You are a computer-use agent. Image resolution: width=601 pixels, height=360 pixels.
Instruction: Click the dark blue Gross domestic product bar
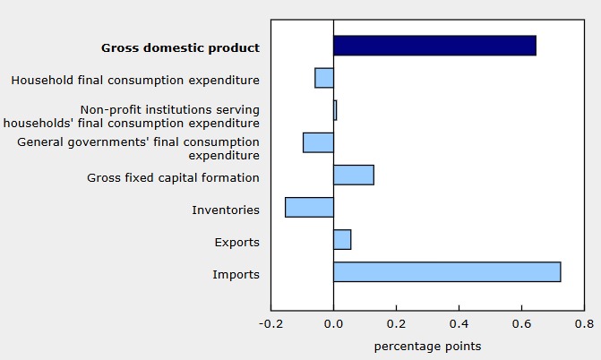(x=434, y=46)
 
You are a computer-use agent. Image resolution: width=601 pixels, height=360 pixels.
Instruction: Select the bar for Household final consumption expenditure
(x=324, y=78)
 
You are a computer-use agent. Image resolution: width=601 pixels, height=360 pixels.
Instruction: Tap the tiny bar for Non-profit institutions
(x=335, y=110)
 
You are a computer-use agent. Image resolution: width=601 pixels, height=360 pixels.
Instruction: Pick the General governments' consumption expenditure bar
(x=318, y=142)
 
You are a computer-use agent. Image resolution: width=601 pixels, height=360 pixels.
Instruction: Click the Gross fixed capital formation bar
(x=354, y=175)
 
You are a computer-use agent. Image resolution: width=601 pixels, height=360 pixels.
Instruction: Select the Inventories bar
(x=309, y=207)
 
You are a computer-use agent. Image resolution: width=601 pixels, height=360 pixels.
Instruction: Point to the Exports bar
(x=342, y=239)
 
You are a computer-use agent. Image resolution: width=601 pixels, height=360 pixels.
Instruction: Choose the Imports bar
(x=447, y=271)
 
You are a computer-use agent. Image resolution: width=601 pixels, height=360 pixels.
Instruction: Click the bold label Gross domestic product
(x=180, y=47)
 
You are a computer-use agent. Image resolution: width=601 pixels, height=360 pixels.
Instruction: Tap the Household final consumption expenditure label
(x=135, y=81)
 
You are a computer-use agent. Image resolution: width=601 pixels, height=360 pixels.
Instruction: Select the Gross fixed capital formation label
(x=173, y=177)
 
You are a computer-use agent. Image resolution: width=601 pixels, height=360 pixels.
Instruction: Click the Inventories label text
(x=226, y=210)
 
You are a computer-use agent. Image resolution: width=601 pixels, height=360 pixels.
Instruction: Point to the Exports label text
(x=237, y=242)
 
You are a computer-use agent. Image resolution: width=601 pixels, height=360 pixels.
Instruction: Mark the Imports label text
(x=236, y=274)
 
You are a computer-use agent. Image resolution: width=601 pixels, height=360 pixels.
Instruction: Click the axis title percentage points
(x=427, y=346)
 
